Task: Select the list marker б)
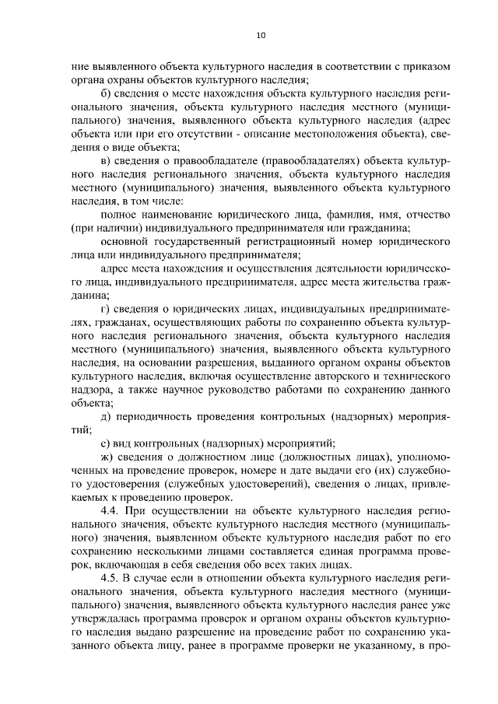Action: coord(107,93)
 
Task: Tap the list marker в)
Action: coord(107,160)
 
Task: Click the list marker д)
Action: coord(107,415)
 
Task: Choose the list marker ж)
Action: coord(108,456)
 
